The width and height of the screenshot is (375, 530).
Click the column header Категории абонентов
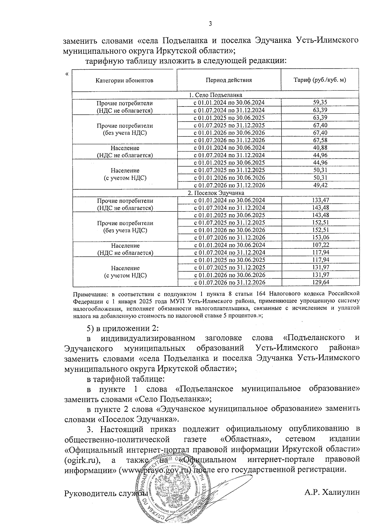(x=124, y=80)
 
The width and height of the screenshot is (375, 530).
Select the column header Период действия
(x=228, y=80)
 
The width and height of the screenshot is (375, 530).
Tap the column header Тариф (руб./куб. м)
(x=320, y=80)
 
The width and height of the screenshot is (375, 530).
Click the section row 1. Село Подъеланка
(x=215, y=95)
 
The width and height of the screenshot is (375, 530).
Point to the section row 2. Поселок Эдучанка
(x=216, y=193)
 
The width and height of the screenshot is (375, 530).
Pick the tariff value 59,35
(x=320, y=102)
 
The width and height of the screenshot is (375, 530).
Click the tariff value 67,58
(x=320, y=140)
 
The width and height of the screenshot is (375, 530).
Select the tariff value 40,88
(x=320, y=148)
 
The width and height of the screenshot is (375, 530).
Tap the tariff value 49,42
(x=320, y=185)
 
